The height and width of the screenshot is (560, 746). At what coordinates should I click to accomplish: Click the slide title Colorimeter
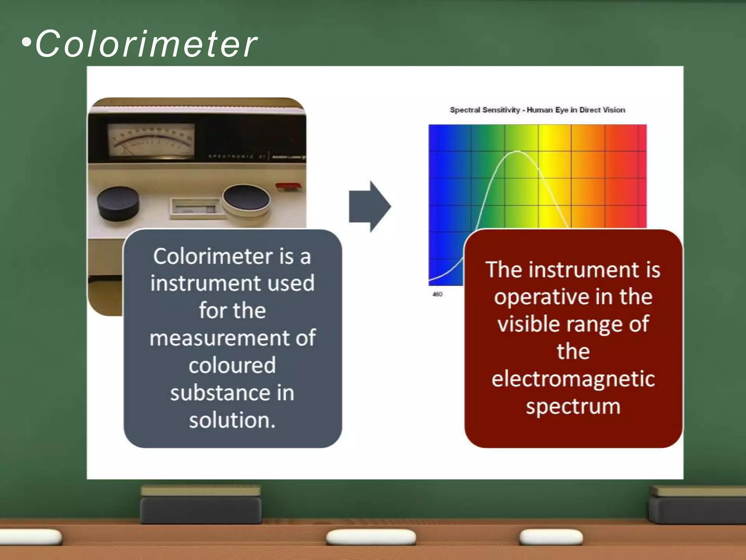[146, 44]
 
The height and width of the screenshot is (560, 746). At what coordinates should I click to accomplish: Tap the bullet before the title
[26, 43]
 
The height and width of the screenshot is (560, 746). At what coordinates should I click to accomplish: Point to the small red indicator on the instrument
[289, 187]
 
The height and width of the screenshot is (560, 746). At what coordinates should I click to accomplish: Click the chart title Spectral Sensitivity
[537, 110]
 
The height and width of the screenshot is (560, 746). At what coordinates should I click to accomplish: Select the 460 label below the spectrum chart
[437, 294]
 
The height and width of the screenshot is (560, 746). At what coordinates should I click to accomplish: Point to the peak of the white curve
[517, 151]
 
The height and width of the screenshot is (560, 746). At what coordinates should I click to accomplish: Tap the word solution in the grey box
[232, 420]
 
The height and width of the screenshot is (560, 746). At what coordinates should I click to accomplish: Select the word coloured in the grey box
[232, 365]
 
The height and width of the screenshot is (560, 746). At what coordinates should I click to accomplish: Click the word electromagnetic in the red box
[573, 378]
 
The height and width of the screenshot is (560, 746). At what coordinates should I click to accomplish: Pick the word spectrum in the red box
[573, 407]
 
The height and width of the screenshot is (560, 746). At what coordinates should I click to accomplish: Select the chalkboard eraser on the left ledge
[200, 505]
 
